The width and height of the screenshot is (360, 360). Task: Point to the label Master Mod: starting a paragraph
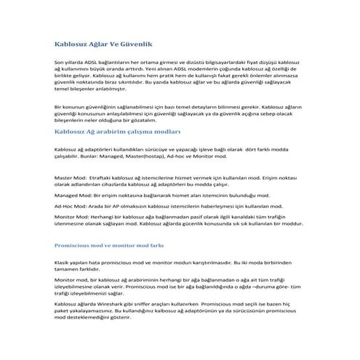(71, 178)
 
